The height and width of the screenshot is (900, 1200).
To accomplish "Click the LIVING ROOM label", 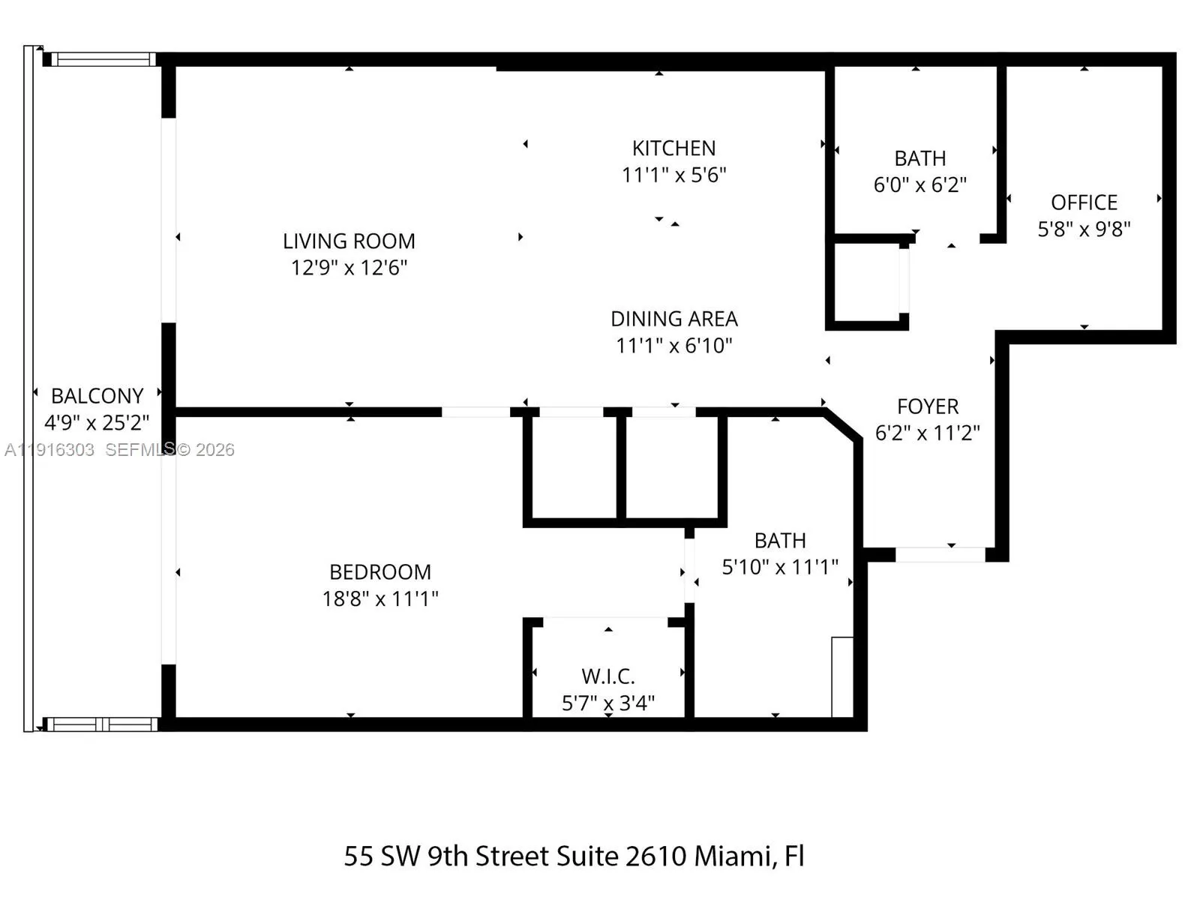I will coord(349,241).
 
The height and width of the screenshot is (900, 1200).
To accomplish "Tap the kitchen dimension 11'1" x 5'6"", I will coord(673,175).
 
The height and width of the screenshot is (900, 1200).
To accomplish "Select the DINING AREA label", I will coord(673,319).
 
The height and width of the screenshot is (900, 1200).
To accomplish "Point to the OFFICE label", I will coord(1084,202).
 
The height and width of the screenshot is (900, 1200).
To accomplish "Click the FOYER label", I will coord(928,406).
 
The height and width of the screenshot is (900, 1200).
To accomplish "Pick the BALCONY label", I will coord(97,396).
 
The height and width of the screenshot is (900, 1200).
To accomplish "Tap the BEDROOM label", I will coord(380,572).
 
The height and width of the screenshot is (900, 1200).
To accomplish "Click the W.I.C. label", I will coord(607,676).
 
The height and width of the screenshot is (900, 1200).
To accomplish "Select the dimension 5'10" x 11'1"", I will coord(780,567).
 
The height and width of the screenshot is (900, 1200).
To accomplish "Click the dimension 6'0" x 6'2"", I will coord(919,184).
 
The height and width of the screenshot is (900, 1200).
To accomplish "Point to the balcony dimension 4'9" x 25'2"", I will coord(97,423).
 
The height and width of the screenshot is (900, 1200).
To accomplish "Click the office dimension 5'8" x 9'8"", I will coord(1084,229).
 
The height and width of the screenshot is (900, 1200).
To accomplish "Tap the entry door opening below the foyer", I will coord(940,555).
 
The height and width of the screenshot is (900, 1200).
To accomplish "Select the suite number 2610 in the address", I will coord(656,856).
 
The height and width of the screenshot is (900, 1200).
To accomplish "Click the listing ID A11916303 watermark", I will coord(49,450).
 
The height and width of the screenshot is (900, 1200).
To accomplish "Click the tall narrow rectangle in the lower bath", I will coord(842,676).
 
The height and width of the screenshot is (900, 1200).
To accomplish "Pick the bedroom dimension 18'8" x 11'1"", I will coord(380,598).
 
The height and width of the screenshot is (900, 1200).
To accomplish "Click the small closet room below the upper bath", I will coord(867,281).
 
